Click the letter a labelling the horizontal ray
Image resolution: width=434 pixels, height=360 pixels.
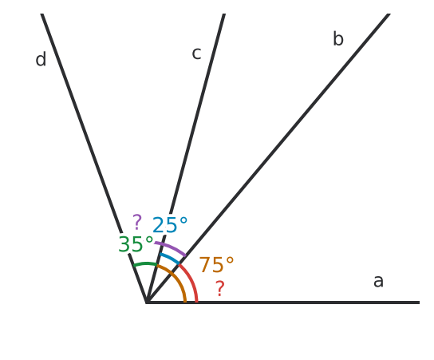tap(378, 281)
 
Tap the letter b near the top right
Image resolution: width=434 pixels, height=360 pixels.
tap(338, 38)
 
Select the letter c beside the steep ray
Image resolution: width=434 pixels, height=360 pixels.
tap(196, 53)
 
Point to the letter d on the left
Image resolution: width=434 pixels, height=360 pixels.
tap(41, 59)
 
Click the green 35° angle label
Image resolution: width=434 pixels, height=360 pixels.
tap(136, 244)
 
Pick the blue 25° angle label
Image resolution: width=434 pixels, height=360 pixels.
tap(170, 225)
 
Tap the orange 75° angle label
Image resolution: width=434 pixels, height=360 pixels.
tap(216, 265)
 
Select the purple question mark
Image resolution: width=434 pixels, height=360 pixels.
tap(137, 222)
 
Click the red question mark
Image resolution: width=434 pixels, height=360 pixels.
tap(220, 288)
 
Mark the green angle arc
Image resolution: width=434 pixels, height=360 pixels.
tap(145, 263)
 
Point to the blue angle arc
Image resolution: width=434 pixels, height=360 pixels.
tap(170, 257)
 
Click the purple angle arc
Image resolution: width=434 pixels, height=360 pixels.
tap(171, 247)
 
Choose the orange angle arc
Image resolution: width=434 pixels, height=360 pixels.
tap(176, 279)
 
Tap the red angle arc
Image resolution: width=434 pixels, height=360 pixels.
tap(191, 280)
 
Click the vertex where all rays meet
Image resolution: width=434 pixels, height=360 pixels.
tap(147, 303)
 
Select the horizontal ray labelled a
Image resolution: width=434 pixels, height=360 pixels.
tap(283, 303)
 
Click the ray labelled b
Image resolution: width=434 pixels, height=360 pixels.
tap(268, 158)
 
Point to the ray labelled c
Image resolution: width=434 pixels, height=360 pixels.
tap(185, 158)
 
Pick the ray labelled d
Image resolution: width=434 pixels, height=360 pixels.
tap(94, 158)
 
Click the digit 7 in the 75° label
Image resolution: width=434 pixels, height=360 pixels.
tap(204, 265)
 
